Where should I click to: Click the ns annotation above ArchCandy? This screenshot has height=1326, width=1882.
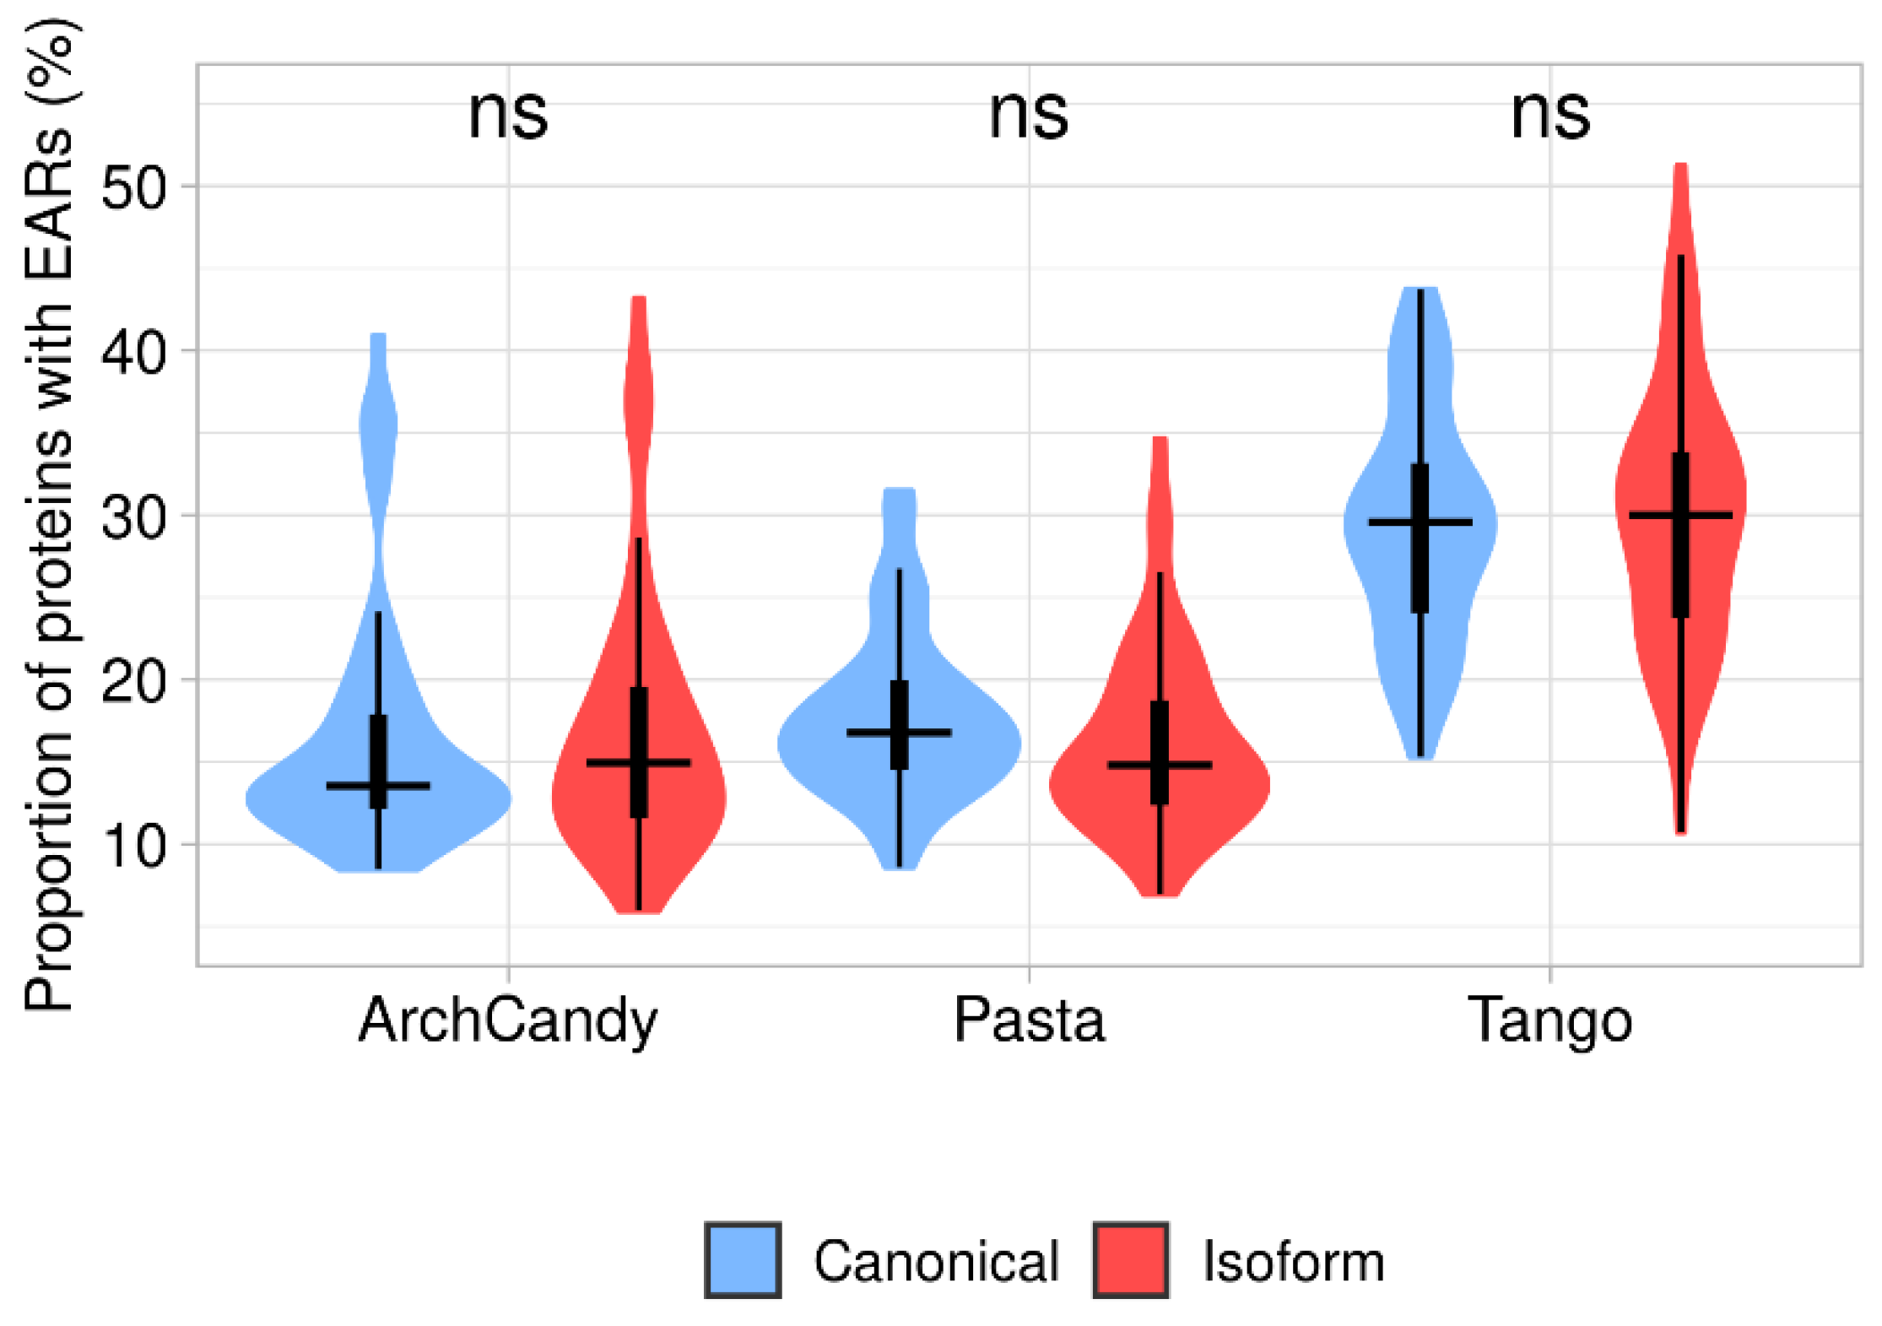(x=508, y=115)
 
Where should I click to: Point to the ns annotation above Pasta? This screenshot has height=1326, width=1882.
(x=1029, y=115)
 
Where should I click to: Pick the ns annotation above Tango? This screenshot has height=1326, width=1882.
(x=1550, y=115)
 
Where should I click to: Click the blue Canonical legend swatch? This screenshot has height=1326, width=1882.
(x=743, y=1260)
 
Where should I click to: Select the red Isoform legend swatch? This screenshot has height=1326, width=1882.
(x=1131, y=1260)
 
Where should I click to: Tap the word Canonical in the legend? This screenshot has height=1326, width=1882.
(x=936, y=1262)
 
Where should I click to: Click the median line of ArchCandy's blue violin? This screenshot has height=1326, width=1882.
(x=378, y=786)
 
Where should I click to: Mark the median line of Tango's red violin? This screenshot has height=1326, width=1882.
(x=1680, y=515)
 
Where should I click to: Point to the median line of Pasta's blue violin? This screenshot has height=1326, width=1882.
(x=899, y=733)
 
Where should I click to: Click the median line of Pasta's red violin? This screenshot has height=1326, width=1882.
(x=1160, y=766)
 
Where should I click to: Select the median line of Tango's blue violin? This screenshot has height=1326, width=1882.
(x=1420, y=522)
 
